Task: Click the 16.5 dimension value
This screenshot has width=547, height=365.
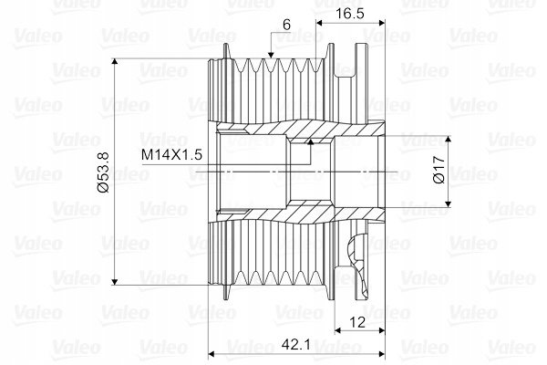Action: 350,14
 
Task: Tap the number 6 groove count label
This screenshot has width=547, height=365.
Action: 286,25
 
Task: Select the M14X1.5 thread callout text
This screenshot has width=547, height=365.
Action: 171,154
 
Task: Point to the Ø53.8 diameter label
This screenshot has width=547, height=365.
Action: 104,172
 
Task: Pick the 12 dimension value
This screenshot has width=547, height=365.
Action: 356,322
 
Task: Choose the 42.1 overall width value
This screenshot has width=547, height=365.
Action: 295,345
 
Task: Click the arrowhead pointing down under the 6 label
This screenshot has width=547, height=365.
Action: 271,55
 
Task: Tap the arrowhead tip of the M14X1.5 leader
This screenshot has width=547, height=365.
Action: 311,140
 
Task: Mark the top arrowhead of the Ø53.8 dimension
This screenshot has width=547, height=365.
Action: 115,62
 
